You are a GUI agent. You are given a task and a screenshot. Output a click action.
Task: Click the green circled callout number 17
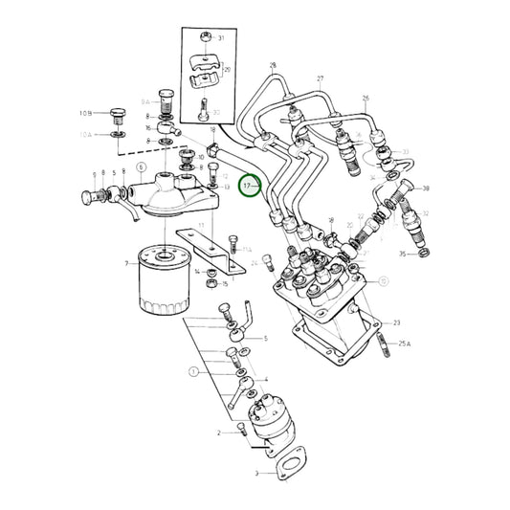point(248,185)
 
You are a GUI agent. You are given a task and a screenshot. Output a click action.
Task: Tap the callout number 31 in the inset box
point(221,38)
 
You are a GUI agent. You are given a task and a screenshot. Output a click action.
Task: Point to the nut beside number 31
point(203,38)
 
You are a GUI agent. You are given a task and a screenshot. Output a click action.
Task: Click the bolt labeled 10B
point(117,116)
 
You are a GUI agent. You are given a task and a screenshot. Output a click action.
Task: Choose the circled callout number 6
point(142,166)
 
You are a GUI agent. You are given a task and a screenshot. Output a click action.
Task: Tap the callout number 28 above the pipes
point(272,66)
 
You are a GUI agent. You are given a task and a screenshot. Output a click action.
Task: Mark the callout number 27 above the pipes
point(321,78)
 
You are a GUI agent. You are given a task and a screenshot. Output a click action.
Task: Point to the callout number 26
point(366,99)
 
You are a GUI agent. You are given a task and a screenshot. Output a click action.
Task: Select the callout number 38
point(426,188)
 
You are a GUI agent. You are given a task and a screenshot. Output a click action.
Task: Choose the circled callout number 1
point(192,370)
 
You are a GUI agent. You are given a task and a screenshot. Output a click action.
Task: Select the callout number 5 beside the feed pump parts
point(265,339)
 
